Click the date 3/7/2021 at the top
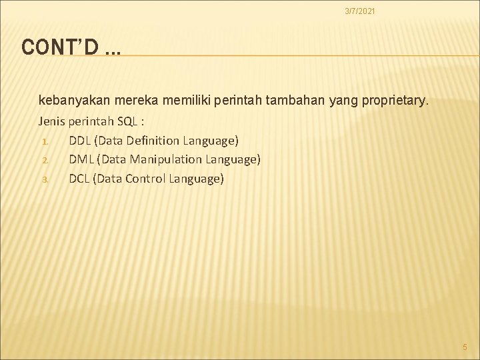[359, 11]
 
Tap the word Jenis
[53, 122]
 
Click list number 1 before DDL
[44, 141]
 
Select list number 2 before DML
[44, 160]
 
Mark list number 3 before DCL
[44, 179]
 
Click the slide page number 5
[465, 347]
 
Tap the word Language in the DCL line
[197, 178]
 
